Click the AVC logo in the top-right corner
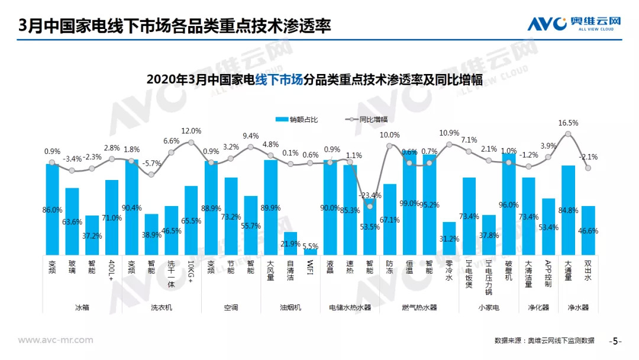(x=574, y=23)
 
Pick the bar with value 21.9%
(x=291, y=243)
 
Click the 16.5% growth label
(x=568, y=123)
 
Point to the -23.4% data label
(x=370, y=195)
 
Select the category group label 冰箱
(x=82, y=307)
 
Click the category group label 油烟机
(x=290, y=307)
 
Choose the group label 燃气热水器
(x=419, y=307)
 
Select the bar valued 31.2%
(x=449, y=239)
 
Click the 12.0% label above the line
(x=191, y=131)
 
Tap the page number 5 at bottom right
(x=615, y=341)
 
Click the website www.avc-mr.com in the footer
(x=56, y=340)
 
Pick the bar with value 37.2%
(x=92, y=235)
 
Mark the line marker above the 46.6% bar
(x=588, y=168)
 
